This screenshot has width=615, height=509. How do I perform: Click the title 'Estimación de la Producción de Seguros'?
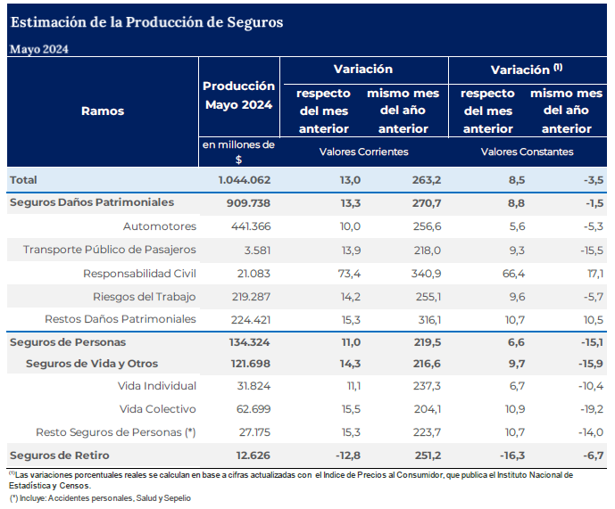point(146,21)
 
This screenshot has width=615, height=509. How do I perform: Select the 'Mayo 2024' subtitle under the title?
point(39,49)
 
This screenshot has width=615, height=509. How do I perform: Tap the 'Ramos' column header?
point(103,111)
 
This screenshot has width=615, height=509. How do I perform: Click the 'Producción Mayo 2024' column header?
point(238,95)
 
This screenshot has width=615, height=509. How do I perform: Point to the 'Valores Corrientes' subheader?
point(363,152)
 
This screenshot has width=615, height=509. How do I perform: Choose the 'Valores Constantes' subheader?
point(527,152)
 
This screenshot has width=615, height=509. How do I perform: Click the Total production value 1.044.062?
point(245,180)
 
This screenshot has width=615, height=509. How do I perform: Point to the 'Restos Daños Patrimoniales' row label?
point(121,319)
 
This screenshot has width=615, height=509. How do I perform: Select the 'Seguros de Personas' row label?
point(68,342)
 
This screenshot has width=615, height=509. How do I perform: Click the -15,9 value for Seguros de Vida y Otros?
point(589,364)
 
